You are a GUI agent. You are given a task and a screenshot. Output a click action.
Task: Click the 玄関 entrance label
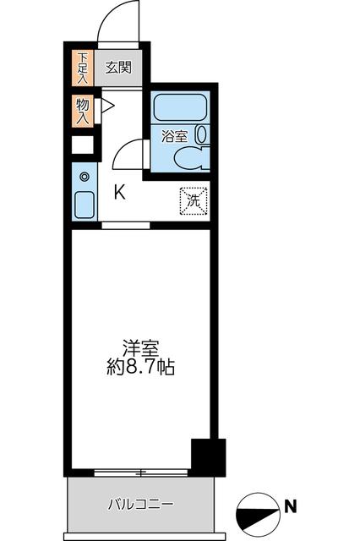118,65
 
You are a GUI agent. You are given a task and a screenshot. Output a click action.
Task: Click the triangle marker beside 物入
106,107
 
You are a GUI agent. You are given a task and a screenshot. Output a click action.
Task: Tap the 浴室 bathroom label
174,136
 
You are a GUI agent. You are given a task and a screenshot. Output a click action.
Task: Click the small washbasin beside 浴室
201,134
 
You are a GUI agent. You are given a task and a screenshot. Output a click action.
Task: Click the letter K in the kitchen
121,191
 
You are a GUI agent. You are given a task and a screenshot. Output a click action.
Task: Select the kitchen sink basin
84,205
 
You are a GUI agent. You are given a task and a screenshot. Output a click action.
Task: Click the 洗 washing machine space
192,201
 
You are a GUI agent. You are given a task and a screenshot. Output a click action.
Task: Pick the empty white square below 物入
82,144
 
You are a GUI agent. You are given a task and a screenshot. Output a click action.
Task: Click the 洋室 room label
140,348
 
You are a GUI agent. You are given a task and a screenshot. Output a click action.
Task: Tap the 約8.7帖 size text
141,369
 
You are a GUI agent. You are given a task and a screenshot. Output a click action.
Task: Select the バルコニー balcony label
140,505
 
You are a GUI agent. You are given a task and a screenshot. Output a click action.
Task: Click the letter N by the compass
289,506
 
